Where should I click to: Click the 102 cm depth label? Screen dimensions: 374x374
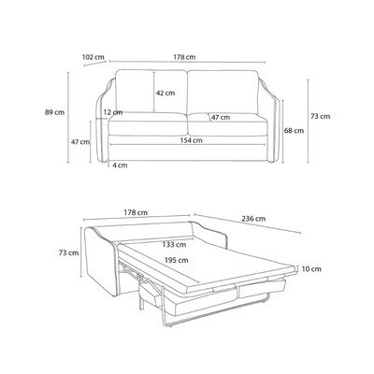point(93,57)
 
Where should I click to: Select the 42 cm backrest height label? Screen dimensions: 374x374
point(165,93)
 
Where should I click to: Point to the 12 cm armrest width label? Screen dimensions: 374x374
point(113,112)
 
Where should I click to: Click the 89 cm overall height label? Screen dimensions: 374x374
point(54,112)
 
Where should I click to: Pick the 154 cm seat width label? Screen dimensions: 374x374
point(191,140)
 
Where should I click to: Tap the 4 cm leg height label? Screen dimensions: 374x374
point(120,165)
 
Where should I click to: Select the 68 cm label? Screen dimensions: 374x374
point(294,131)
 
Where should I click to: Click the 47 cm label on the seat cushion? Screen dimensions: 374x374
point(221,117)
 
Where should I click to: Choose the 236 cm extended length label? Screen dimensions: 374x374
point(253,219)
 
